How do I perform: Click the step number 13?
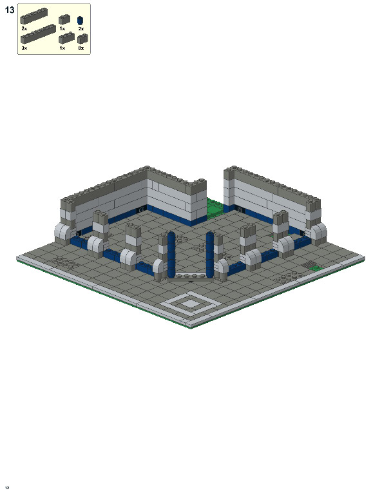pos(9,10)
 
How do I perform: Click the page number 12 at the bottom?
pos(7,487)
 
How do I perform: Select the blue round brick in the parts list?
pos(81,21)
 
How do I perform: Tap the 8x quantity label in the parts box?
pos(81,48)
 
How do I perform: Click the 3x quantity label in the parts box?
pos(24,48)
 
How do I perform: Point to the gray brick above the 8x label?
pos(82,39)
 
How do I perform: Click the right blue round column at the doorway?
pos(210,253)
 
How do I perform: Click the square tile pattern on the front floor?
pos(190,301)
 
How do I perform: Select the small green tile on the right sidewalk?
pos(315,267)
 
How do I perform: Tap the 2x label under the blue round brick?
pos(81,29)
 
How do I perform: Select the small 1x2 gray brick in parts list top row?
pos(64,20)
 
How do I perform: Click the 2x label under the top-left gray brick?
pos(24,29)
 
